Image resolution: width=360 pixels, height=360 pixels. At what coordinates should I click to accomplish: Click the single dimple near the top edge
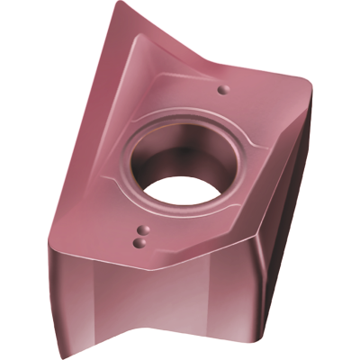pos(222,88)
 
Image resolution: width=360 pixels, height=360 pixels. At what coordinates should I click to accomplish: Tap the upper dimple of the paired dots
pos(140,229)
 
